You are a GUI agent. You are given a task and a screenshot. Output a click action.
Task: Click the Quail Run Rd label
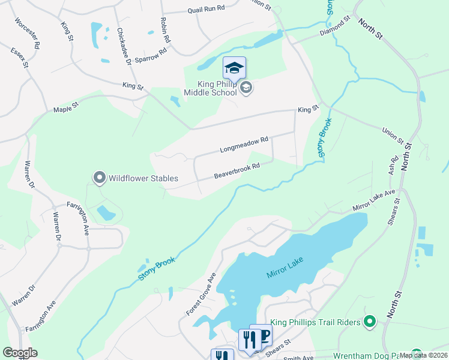pos(205,8)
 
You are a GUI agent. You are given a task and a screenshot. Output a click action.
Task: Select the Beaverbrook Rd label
pos(237,171)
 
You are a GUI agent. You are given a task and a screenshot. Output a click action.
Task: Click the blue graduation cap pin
pos(234,68)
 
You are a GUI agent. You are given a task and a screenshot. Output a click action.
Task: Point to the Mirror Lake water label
pos(285,266)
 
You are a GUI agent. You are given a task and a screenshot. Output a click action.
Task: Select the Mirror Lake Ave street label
pos(374,200)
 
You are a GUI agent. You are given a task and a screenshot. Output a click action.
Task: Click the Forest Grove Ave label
pos(200,295)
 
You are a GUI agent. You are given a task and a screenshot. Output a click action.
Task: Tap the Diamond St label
pos(335,26)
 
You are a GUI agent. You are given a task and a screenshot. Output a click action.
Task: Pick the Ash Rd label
pos(394,166)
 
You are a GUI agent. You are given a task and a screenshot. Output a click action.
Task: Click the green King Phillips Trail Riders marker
pos(370,322)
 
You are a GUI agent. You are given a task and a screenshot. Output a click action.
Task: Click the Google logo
pos(20,353)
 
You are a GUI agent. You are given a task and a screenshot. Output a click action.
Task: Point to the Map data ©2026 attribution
pos(424,355)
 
